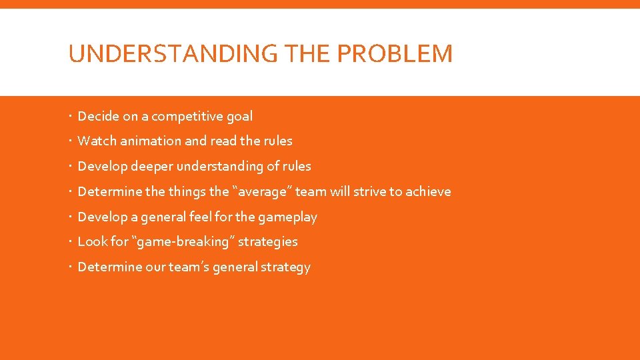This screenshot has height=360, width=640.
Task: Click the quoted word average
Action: tap(262, 192)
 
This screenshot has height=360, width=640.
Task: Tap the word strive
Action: tap(370, 192)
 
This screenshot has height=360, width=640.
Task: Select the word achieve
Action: tap(428, 192)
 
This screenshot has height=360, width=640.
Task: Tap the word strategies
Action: tap(267, 242)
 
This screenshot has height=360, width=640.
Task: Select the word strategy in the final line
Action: tap(287, 267)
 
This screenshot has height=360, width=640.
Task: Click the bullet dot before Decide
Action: tap(71, 117)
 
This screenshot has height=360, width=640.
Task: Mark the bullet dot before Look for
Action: tap(71, 242)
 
